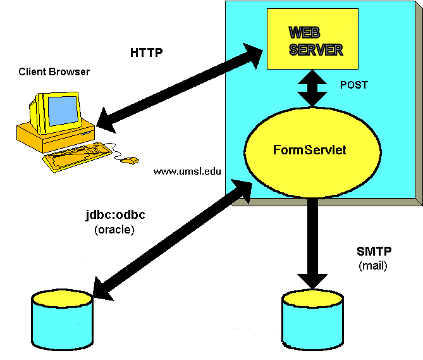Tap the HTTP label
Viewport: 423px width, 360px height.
coord(146,53)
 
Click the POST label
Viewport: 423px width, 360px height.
coord(354,85)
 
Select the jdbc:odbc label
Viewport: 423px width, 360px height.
coord(114,215)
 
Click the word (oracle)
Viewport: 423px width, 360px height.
coord(114,230)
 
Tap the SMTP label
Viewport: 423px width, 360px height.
coord(371,251)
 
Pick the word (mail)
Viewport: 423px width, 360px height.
coord(372,266)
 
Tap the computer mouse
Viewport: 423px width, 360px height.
coord(129,161)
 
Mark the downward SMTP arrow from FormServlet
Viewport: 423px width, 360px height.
coord(310,240)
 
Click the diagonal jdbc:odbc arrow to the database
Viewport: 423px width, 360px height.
coord(171,238)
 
